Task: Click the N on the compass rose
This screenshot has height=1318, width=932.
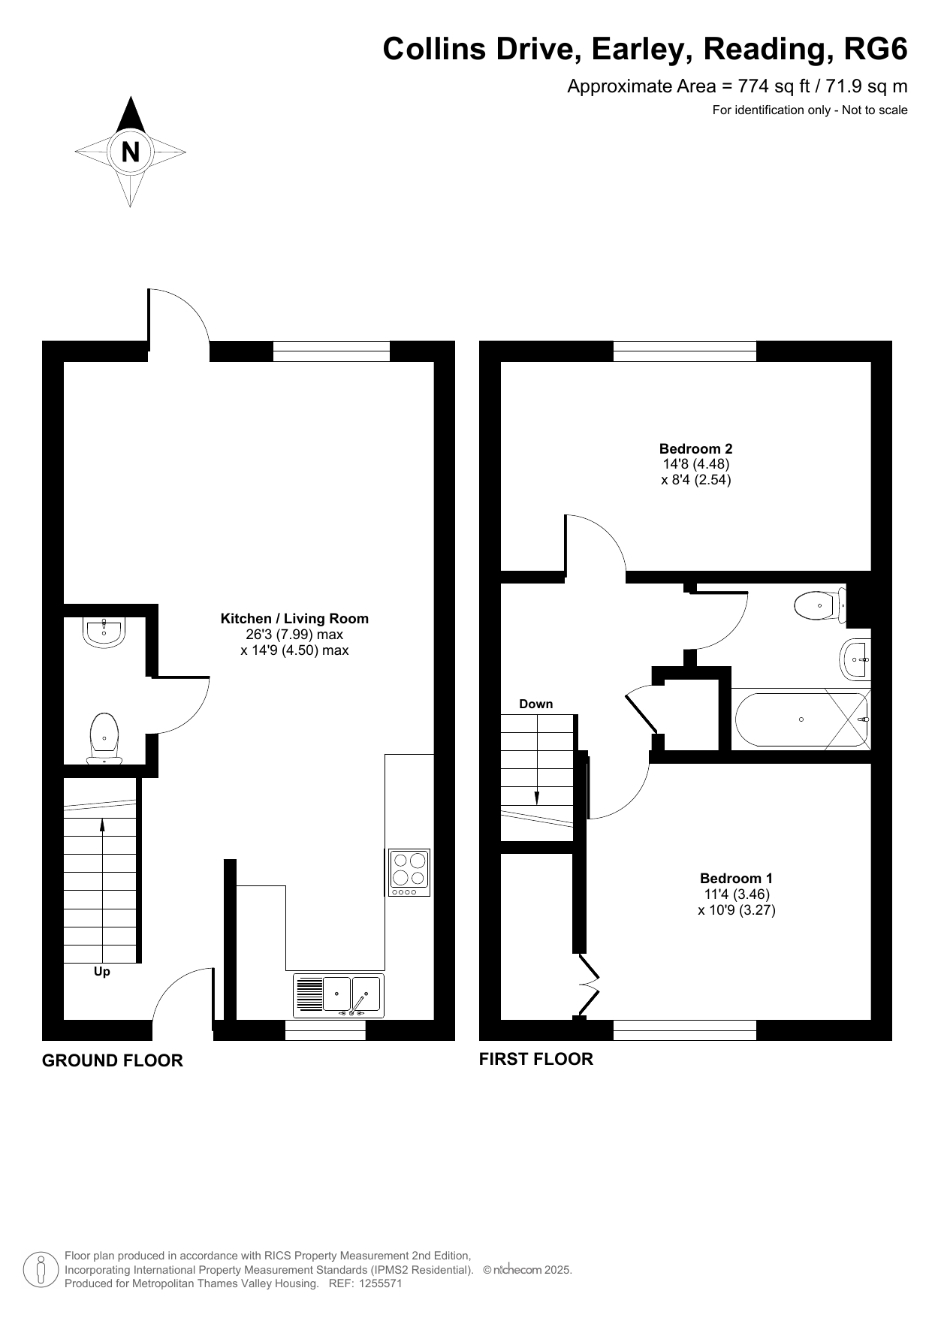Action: pos(131,152)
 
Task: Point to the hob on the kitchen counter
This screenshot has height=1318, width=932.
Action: pos(409,873)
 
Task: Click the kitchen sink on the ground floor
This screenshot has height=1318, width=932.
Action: pos(338,996)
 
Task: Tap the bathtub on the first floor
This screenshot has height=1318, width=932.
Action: pos(801,719)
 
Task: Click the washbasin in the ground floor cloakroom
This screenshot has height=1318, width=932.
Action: pos(104,632)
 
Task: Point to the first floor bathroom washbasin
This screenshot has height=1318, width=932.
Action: pos(857,659)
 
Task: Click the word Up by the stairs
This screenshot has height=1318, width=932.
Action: pos(102,972)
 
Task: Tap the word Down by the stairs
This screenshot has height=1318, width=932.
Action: pos(536,704)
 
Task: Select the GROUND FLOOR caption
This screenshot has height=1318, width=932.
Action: pos(113,1060)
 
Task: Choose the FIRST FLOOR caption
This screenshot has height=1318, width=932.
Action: pos(536,1059)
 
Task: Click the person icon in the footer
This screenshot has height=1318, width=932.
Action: pos(41,1270)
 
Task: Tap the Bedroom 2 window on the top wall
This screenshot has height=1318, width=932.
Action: pos(685,351)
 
